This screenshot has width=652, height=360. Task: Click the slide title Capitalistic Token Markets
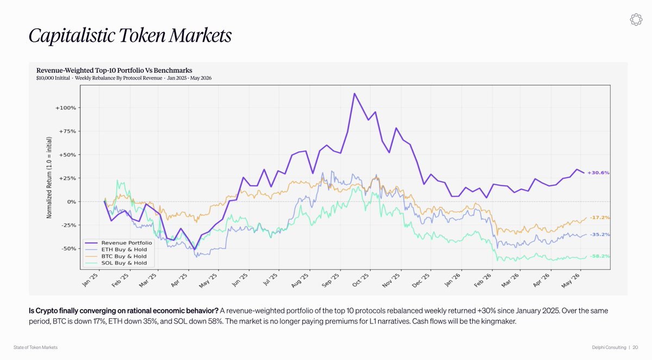tap(130, 36)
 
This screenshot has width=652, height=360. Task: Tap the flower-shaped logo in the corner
tap(636, 20)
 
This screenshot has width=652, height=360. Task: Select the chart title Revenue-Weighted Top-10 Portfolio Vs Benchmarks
tap(114, 71)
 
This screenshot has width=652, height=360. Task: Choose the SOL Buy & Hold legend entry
tap(116, 263)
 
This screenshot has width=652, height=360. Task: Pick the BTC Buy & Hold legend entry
tap(116, 256)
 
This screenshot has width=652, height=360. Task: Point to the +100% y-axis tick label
tap(66, 108)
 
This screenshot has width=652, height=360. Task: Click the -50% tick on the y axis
tap(68, 249)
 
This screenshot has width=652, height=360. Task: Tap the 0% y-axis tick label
tap(72, 202)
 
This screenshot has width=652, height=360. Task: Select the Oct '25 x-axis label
tap(361, 280)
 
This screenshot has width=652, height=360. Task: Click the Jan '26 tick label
tap(453, 280)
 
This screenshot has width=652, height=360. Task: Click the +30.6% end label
tap(598, 173)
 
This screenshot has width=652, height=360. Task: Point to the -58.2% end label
tap(600, 256)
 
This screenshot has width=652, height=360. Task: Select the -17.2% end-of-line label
tap(600, 218)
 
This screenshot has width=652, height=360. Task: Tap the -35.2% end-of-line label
tap(600, 235)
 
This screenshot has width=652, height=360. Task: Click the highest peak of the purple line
tap(354, 93)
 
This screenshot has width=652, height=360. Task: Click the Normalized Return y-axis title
tap(49, 178)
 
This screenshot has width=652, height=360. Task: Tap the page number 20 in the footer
tap(635, 348)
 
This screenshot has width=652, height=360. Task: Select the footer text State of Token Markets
tap(35, 348)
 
